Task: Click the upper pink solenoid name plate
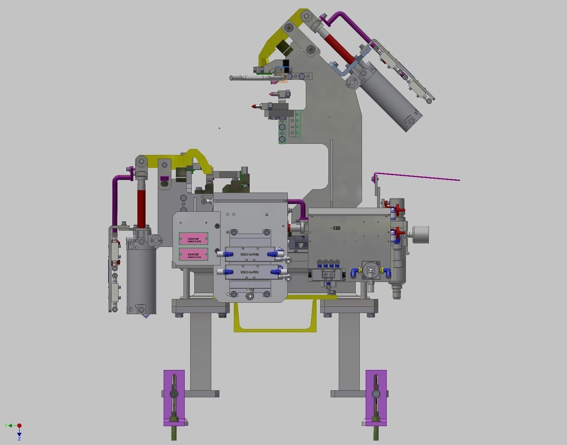pos(194,238)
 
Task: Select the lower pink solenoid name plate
pos(194,254)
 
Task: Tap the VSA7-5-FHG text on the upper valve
pos(250,254)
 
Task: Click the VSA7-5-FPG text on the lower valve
pos(250,272)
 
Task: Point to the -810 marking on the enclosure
pos(335,228)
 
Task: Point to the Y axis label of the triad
pos(6,426)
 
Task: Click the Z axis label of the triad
pos(19,439)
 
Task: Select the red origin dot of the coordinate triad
pos(19,426)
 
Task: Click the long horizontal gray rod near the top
pos(251,78)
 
